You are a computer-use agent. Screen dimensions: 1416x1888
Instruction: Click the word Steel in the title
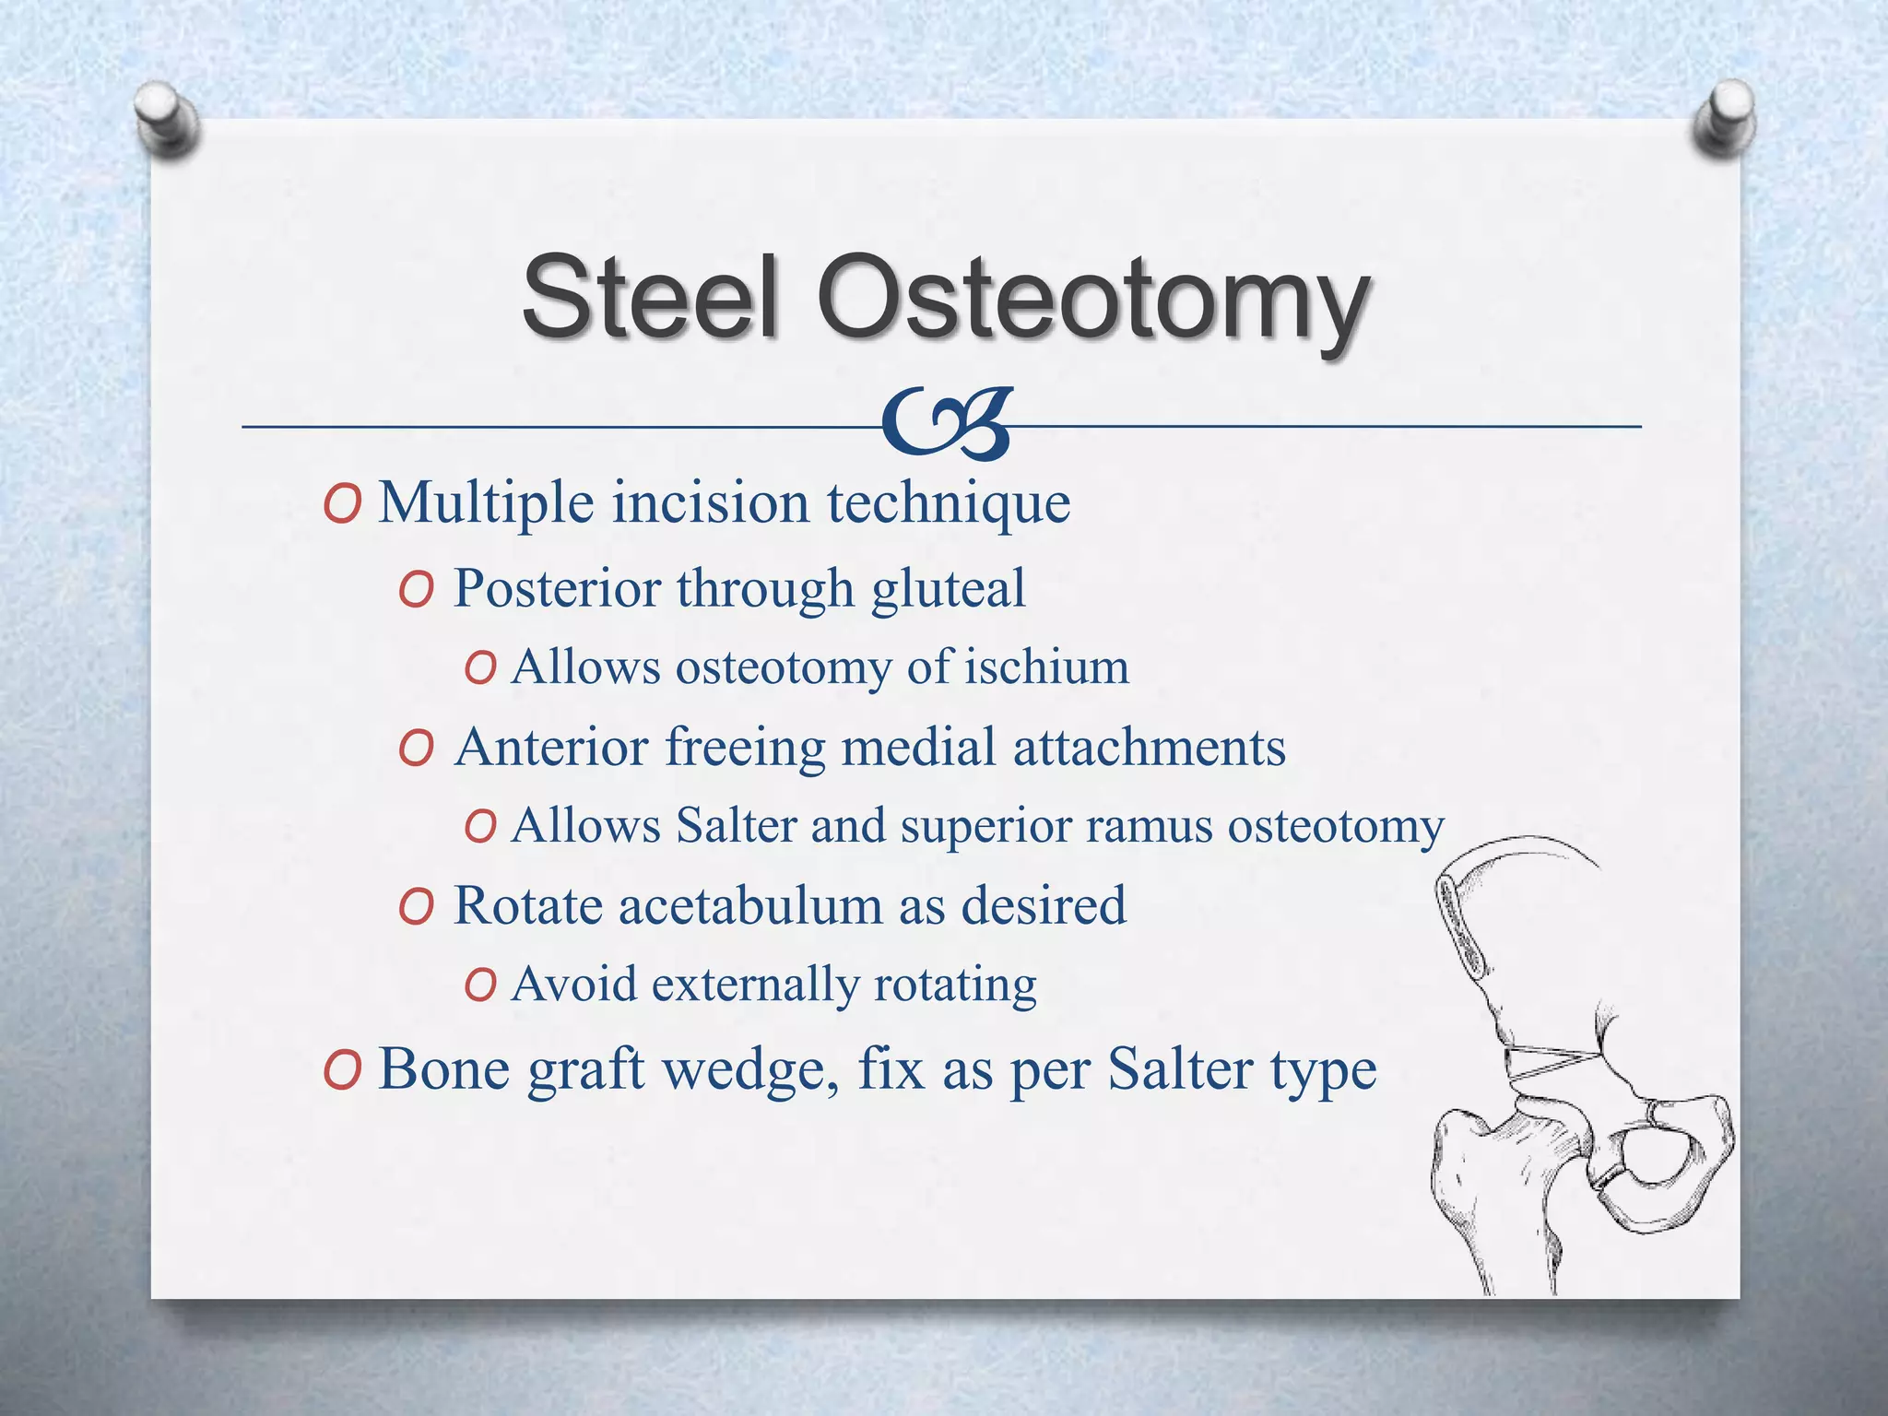(x=651, y=297)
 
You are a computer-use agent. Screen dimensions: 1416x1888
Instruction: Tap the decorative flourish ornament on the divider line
(x=946, y=424)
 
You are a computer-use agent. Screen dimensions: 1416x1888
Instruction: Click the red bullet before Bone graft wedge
(x=342, y=1071)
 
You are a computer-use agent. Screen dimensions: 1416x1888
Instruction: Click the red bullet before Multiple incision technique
(x=342, y=505)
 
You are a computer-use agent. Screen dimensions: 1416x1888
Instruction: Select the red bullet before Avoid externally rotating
(x=480, y=985)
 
